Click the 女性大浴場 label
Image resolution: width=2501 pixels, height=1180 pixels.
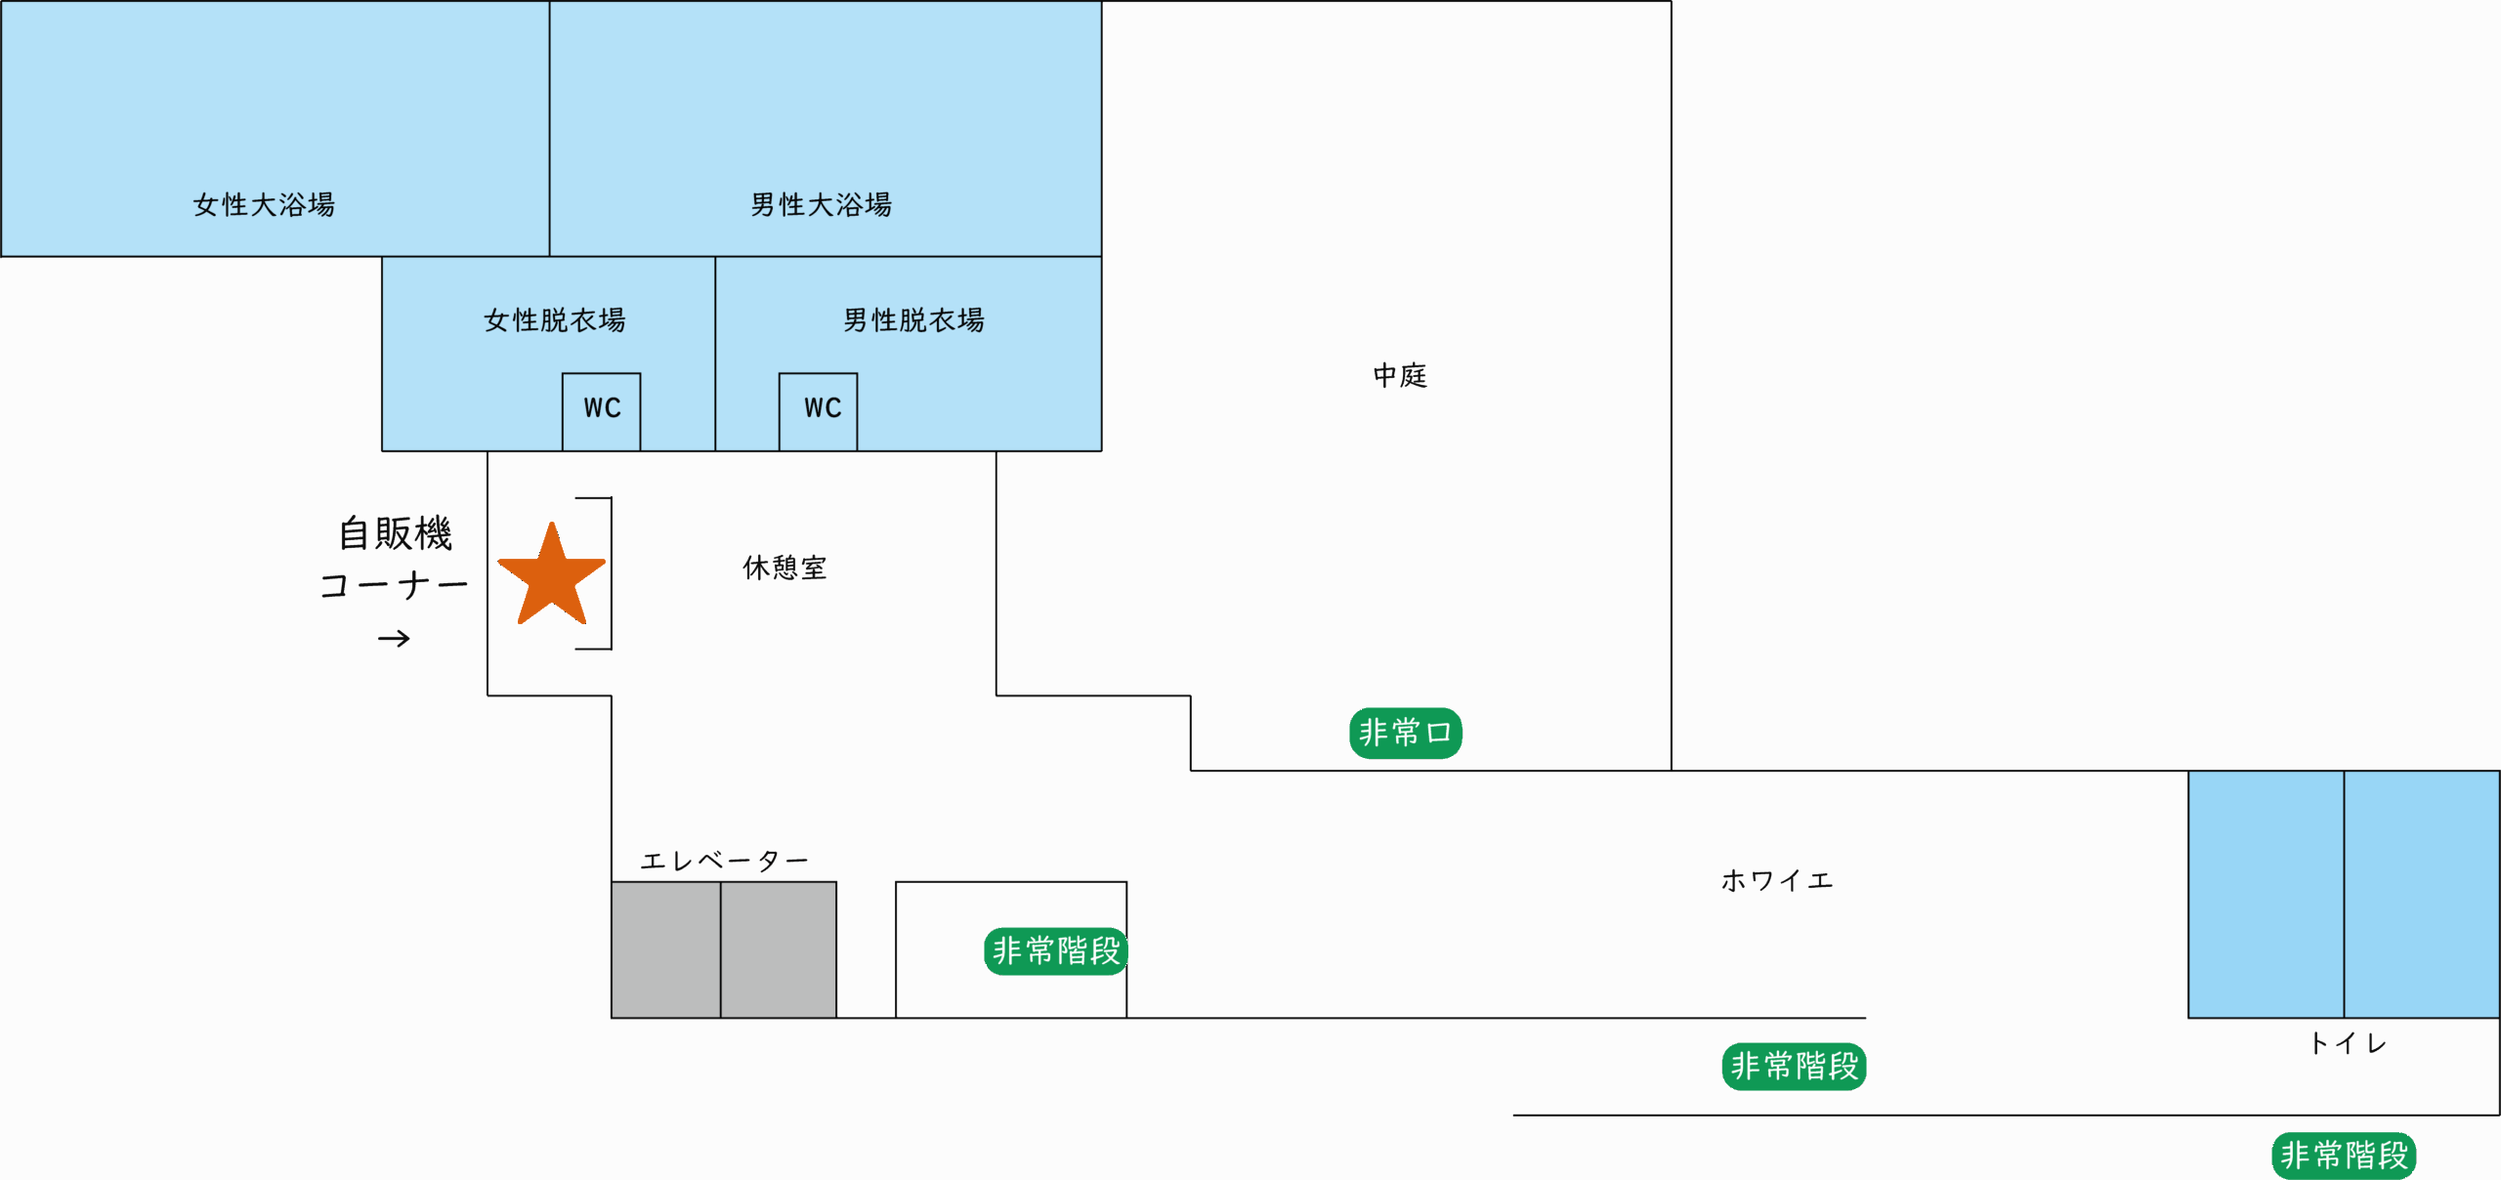264,205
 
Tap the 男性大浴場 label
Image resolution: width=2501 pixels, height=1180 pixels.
821,205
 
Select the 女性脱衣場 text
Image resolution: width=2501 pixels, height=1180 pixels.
554,320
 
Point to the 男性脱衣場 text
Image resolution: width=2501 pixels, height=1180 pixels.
913,320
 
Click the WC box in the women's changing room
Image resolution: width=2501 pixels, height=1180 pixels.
602,410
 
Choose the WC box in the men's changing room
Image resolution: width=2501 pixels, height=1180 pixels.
819,410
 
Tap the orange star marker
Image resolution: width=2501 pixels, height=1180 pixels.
552,575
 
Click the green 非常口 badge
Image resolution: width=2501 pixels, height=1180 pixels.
1405,733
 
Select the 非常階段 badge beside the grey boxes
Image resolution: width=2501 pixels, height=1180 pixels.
1055,950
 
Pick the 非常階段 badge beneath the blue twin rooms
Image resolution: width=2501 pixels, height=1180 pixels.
2343,1156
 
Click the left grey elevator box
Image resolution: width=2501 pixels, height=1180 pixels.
666,949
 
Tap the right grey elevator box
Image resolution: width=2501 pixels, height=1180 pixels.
779,949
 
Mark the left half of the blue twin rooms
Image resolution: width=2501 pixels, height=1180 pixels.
2266,894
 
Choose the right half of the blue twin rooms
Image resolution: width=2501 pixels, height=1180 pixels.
2422,894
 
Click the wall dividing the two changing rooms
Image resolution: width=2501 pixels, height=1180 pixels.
715,352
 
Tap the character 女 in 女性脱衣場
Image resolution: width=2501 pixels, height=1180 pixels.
495,320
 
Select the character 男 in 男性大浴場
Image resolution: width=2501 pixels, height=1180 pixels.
762,205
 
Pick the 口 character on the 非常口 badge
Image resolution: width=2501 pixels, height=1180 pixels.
1439,733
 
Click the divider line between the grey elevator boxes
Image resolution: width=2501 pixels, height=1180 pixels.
721,949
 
